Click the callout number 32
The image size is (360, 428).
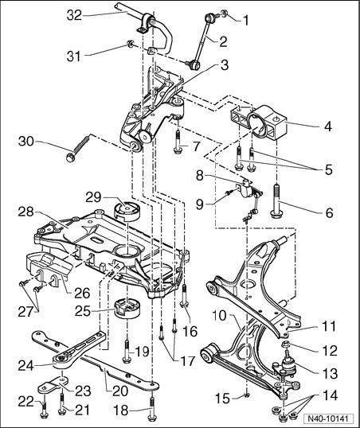coord(74,15)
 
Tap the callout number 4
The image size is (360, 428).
coord(327,126)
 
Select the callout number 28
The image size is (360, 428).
coord(26,212)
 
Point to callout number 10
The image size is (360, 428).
coord(220,316)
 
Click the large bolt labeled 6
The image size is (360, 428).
coord(276,201)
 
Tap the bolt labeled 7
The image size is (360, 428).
coord(178,142)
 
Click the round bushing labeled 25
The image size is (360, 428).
coord(127,309)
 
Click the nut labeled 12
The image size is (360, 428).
coord(286,344)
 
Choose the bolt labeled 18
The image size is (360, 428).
coord(152,409)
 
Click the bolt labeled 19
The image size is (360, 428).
coord(127,351)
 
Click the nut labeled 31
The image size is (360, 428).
coord(131,43)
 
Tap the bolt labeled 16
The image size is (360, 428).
coord(184,296)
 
